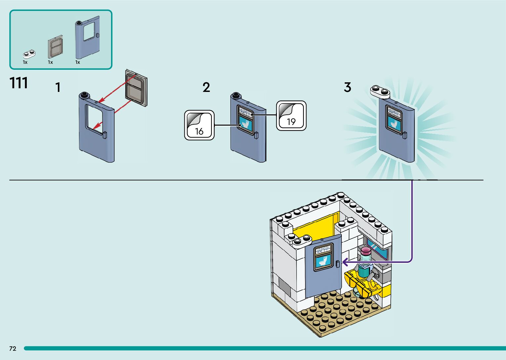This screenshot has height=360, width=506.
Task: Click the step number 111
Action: coord(19,83)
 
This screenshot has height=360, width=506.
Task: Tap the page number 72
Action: coord(13,348)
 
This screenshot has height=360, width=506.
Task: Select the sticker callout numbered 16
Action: coord(199,125)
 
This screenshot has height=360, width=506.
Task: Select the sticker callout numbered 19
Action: coord(291,116)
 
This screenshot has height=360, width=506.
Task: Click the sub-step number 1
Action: coord(58,88)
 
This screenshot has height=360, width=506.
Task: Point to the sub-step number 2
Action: coord(206,88)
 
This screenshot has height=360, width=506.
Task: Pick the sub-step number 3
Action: coord(347,88)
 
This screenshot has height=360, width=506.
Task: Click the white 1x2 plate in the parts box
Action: coord(29,54)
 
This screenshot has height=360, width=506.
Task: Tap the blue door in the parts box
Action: coord(87,40)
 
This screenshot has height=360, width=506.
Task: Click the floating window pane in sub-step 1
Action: coord(136,88)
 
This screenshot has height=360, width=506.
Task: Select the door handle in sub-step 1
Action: coord(105,135)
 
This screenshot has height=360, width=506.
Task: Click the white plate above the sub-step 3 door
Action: coord(380,91)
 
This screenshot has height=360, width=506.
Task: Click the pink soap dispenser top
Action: coord(366,251)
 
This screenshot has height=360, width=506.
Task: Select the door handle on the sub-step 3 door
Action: coord(405,135)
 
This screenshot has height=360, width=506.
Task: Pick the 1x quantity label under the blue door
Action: coord(78,62)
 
